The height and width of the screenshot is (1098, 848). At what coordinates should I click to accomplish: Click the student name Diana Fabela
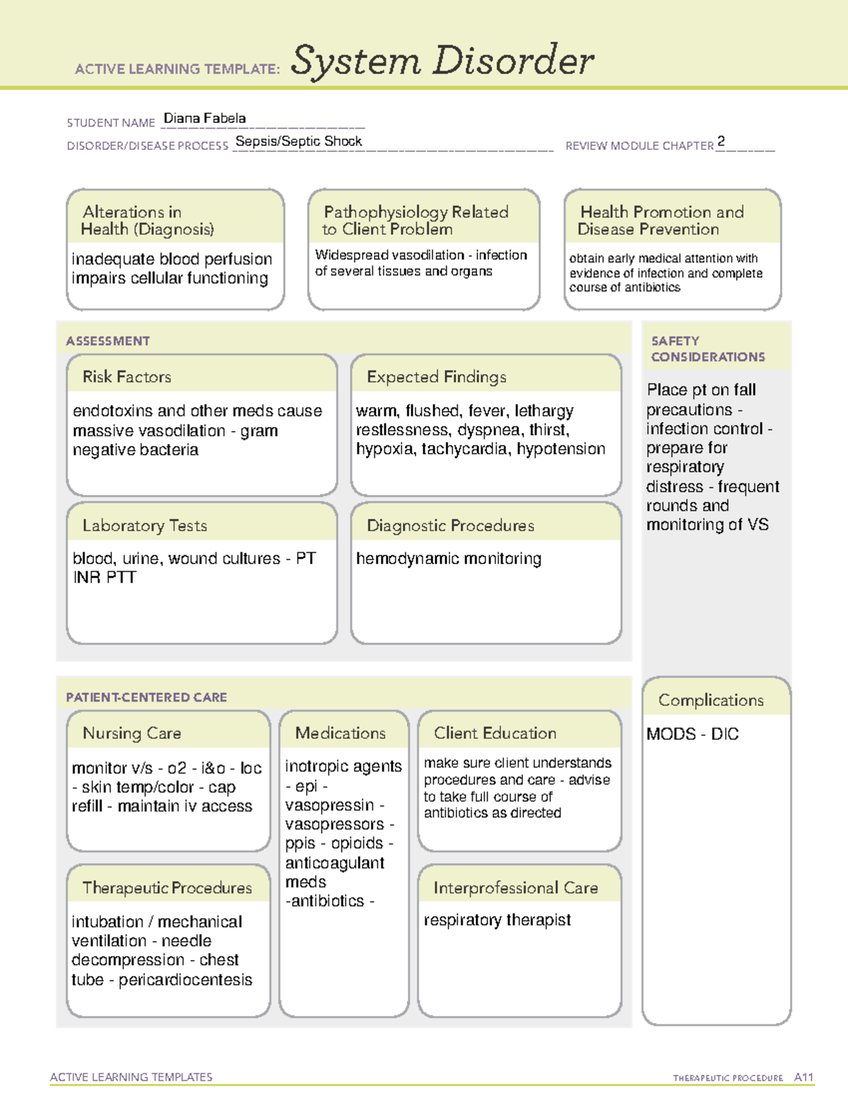coord(204,119)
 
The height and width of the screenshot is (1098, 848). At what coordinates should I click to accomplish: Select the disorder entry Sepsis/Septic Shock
coord(298,141)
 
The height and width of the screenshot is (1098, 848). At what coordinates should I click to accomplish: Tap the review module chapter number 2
coord(721,141)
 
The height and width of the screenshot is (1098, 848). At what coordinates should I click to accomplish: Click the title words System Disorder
coord(442,61)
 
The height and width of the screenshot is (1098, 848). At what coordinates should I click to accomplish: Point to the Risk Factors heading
coord(126,377)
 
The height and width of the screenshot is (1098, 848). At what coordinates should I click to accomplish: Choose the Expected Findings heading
coord(436,377)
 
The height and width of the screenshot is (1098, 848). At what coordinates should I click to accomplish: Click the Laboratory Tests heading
coord(144,525)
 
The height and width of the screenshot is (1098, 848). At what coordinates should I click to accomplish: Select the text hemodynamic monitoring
coord(448,559)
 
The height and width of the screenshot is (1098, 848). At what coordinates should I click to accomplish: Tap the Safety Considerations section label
coord(707,349)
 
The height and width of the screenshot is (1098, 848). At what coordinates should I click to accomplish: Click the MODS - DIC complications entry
coord(692,734)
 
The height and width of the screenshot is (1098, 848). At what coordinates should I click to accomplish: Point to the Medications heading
coord(340,733)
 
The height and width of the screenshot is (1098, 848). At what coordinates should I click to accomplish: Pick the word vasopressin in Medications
coord(329,805)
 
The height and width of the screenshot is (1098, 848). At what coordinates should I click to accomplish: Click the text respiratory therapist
coord(497,920)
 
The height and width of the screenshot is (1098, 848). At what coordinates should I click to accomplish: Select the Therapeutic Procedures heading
coord(167,887)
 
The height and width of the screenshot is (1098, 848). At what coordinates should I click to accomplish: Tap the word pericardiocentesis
coord(185,980)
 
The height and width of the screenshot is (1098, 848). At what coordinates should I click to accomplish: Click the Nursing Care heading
coord(131,733)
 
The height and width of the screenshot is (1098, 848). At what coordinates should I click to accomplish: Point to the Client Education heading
coord(495,733)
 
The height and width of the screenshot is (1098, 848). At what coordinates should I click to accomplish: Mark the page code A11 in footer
coord(803,1077)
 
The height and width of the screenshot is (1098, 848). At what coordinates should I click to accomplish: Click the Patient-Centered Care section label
coord(146,697)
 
